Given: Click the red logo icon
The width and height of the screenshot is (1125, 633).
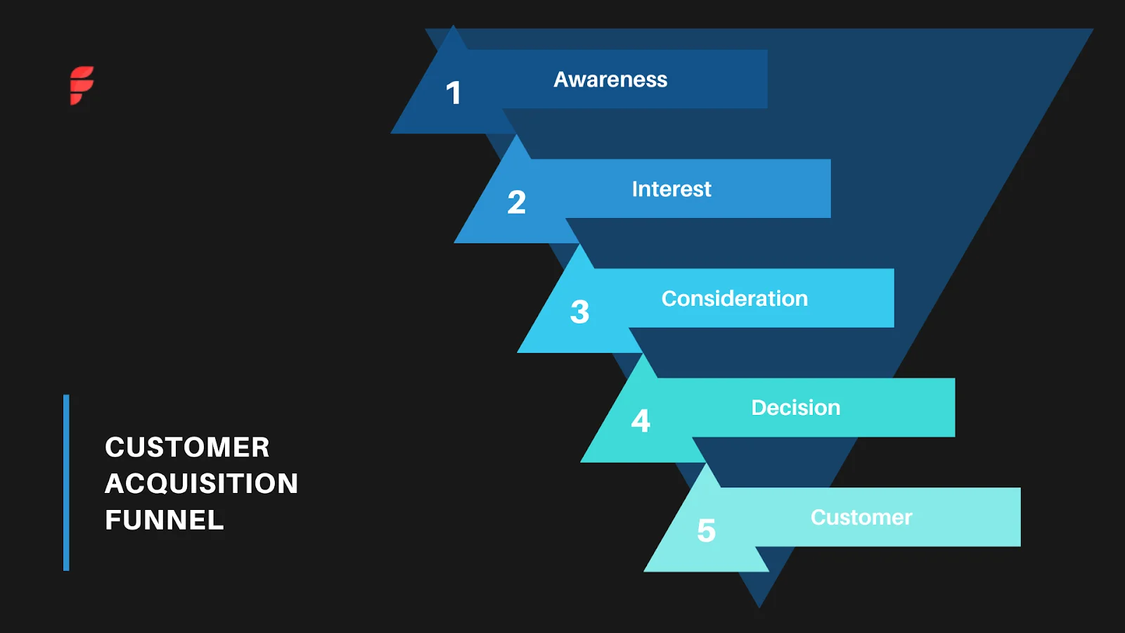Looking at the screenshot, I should [82, 85].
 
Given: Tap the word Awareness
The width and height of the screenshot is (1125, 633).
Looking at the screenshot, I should [610, 79].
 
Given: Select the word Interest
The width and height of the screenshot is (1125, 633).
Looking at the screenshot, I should [671, 189].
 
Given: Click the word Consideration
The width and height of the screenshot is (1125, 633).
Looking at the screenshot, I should [734, 298].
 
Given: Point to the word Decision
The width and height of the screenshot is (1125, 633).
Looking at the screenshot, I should [795, 408].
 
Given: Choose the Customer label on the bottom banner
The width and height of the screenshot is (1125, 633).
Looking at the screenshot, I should [861, 518].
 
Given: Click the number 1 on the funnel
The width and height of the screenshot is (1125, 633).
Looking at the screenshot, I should [454, 94].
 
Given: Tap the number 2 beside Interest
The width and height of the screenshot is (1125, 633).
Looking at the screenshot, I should [517, 203].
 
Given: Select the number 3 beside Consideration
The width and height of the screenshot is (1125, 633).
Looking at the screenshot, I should [579, 312].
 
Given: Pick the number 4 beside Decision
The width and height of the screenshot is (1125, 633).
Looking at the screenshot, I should [641, 421].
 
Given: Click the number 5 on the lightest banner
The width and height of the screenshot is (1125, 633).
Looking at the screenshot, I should [706, 531].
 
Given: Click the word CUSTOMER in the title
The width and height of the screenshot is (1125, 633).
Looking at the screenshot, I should [187, 447].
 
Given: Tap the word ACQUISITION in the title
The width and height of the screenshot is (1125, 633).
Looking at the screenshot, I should [202, 484].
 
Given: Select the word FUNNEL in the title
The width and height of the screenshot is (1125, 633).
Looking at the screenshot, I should [165, 520].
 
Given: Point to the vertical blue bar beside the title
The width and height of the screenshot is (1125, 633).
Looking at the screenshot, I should [66, 482].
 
